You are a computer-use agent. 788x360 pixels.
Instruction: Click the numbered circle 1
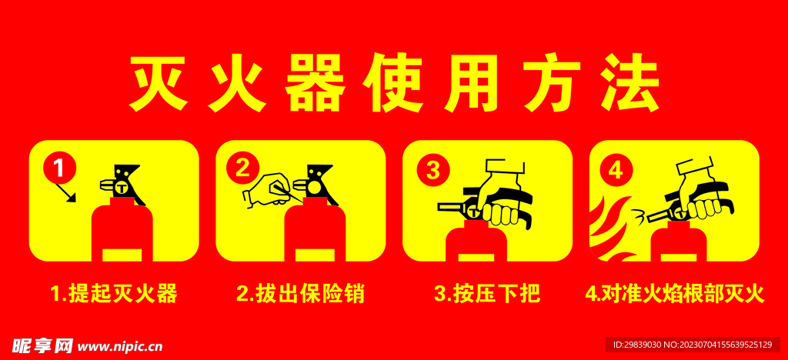pos(59,168)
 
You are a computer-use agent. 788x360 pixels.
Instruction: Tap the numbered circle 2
pos(242,168)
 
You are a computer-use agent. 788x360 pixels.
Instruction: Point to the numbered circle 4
pos(616,171)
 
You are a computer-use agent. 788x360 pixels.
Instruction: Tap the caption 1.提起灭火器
pos(114,294)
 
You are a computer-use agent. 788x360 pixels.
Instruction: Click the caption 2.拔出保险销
pos(301,294)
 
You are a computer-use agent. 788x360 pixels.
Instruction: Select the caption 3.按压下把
pos(487,294)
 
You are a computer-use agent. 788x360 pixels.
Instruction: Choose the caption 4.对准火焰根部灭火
pos(674,294)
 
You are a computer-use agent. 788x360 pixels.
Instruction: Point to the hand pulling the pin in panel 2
pos(266,191)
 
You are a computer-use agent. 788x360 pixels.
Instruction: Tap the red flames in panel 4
pos(608,228)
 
